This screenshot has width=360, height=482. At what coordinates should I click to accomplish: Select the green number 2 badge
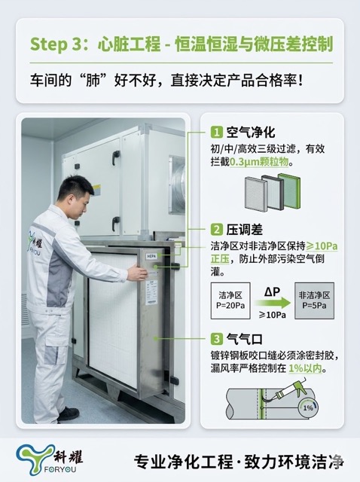tap(215, 230)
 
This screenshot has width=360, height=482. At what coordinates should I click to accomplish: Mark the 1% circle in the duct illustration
tap(308, 407)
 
